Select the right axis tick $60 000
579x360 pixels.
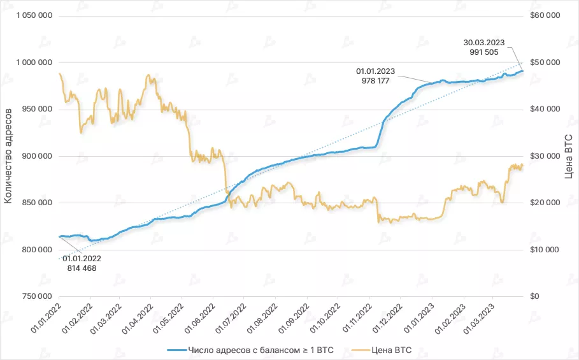(545, 16)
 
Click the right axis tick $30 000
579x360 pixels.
(545, 156)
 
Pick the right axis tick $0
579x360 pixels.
(535, 296)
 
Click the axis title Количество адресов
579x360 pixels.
(8, 156)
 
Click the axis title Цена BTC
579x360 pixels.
(569, 156)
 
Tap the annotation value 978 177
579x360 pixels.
(376, 81)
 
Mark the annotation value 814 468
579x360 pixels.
(82, 268)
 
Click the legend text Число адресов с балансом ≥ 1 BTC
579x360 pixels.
(261, 349)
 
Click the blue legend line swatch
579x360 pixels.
(176, 349)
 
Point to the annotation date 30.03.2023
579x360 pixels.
(485, 43)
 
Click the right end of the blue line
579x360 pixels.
(522, 71)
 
